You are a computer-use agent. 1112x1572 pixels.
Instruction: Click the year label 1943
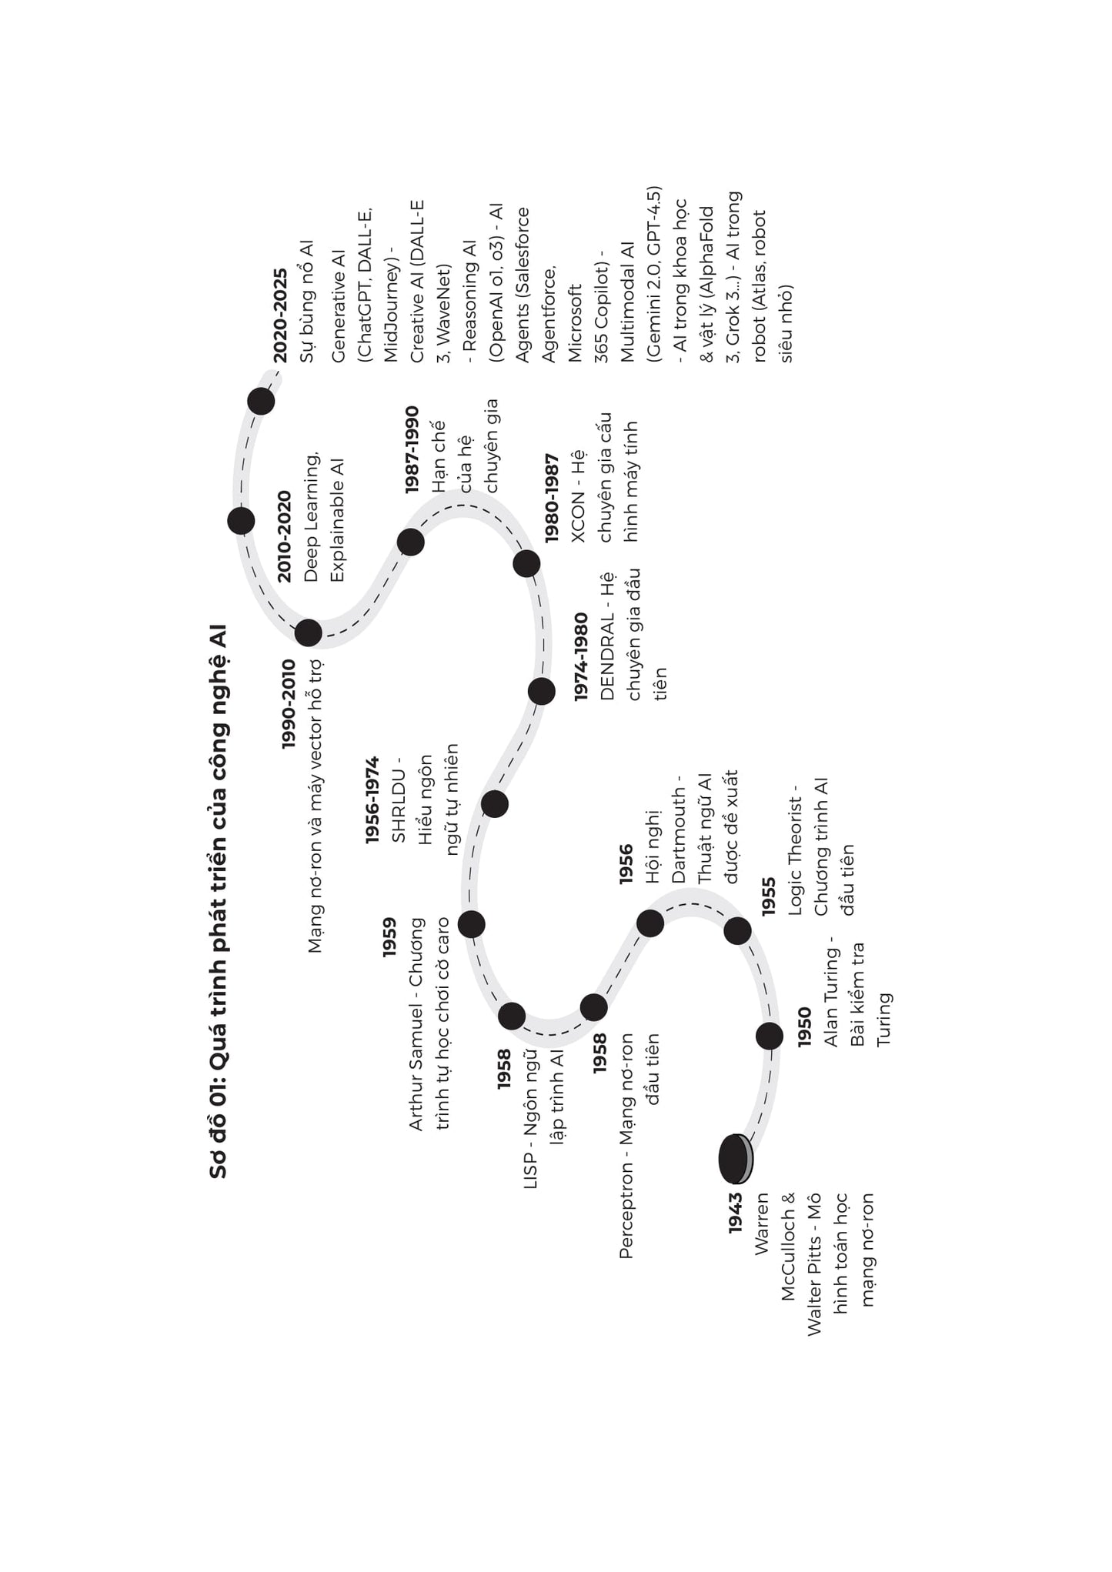click(736, 1213)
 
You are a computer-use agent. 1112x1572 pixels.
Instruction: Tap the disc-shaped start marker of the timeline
click(735, 1159)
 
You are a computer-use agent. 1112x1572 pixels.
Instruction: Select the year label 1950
click(804, 1026)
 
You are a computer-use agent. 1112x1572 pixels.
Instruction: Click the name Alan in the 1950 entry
click(831, 1028)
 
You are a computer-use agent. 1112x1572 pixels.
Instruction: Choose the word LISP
click(530, 1170)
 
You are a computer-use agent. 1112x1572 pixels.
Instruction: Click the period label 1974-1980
click(581, 656)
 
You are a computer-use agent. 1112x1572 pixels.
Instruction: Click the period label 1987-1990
click(412, 449)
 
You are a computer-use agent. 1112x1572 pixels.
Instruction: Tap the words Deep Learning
click(312, 518)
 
